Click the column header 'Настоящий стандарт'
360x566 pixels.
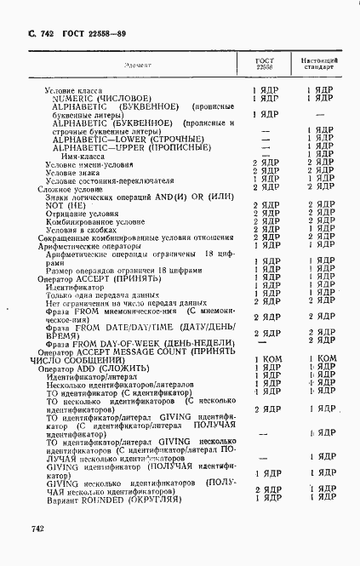click(319, 66)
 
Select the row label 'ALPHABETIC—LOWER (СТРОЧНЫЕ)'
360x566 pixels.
click(128, 140)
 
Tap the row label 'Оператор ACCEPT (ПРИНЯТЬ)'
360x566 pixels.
click(94, 277)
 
